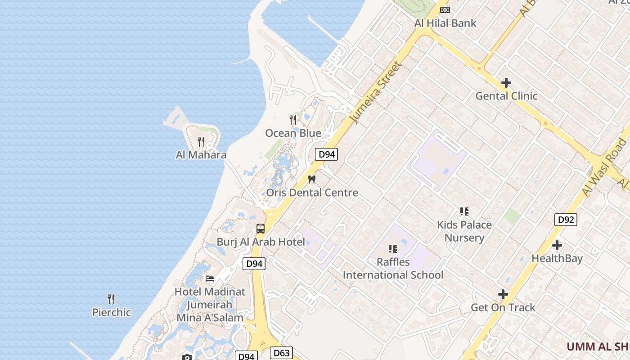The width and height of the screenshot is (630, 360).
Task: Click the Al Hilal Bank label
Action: click(445, 23)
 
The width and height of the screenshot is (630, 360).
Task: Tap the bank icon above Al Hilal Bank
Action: click(445, 9)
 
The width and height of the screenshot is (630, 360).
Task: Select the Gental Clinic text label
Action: click(506, 96)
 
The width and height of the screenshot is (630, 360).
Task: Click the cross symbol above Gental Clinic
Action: click(506, 83)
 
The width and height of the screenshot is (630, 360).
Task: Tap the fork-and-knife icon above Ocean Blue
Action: click(293, 119)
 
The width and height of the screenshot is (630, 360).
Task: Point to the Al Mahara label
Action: click(201, 155)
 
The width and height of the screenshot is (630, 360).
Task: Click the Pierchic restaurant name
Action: click(112, 312)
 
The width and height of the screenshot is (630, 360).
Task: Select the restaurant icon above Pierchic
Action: click(111, 299)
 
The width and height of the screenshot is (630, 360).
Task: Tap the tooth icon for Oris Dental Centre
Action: click(311, 179)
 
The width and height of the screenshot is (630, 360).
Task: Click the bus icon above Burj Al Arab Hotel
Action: click(261, 228)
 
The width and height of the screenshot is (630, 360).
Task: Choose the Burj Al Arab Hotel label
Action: click(261, 242)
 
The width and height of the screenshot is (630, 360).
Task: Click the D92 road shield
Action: click(565, 220)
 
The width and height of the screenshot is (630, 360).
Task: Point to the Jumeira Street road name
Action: click(376, 92)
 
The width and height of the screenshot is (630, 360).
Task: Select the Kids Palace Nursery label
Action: click(464, 231)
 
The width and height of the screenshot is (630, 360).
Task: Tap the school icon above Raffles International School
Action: click(393, 248)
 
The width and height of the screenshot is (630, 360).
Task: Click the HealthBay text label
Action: click(557, 258)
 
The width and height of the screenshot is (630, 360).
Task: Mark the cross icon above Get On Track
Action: click(503, 294)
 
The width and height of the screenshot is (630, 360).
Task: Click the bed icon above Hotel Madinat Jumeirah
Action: click(210, 278)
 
